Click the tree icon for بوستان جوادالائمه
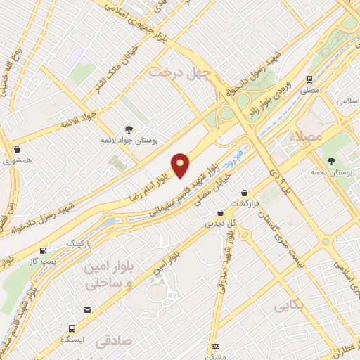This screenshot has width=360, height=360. coord(129,129)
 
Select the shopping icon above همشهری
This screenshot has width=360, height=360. coord(17,150)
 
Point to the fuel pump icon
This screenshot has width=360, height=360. coord(44,250)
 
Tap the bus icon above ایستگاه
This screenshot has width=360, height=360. coord(72,328)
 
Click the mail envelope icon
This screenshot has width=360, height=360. coord(87,309)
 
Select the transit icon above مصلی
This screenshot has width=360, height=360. coord(309,79)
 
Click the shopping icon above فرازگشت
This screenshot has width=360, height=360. coord(244,192)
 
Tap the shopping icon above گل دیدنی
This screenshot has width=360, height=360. coord(220,212)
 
